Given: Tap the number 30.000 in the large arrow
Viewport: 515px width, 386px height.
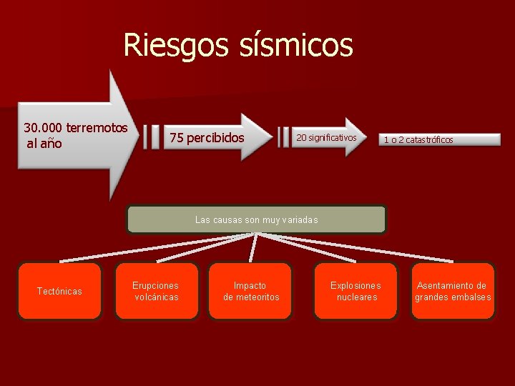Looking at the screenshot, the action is pyautogui.click(x=42, y=128).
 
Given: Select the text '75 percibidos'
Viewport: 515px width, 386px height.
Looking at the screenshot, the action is pyautogui.click(x=207, y=137).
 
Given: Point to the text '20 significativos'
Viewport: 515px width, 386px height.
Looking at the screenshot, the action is pyautogui.click(x=326, y=137).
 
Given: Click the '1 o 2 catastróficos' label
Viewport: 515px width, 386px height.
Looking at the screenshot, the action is pyautogui.click(x=418, y=139).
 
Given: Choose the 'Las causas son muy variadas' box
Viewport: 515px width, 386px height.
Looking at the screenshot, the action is pyautogui.click(x=256, y=220).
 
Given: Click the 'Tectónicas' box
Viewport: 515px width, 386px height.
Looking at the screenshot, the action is pyautogui.click(x=59, y=291).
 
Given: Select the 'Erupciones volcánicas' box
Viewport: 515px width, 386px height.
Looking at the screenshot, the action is pyautogui.click(x=156, y=291).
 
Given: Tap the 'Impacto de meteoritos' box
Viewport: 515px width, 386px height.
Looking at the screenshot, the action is pyautogui.click(x=250, y=291).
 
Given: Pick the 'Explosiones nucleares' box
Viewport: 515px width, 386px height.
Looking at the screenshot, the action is pyautogui.click(x=355, y=291).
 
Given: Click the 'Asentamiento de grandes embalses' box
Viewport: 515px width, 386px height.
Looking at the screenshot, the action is pyautogui.click(x=452, y=291).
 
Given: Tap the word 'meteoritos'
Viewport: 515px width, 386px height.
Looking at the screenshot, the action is pyautogui.click(x=257, y=297).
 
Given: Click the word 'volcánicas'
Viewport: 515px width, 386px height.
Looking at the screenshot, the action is pyautogui.click(x=157, y=297).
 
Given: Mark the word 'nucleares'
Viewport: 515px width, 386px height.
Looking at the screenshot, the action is pyautogui.click(x=356, y=297).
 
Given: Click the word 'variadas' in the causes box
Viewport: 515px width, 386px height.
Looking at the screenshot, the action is pyautogui.click(x=300, y=220).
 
